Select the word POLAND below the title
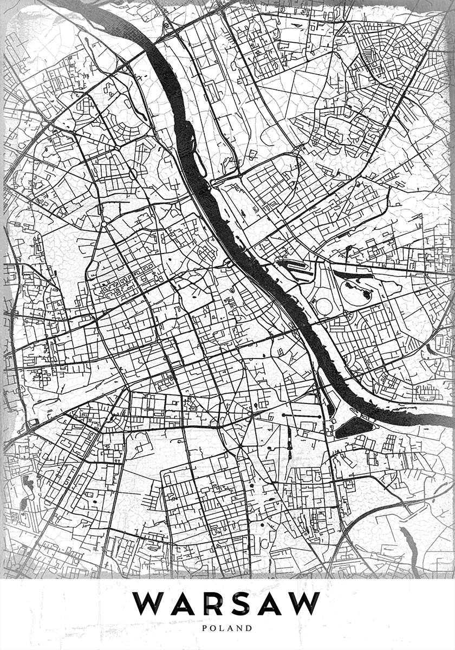pos(227,628)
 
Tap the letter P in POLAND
pos(205,628)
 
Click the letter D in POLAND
pos(250,628)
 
